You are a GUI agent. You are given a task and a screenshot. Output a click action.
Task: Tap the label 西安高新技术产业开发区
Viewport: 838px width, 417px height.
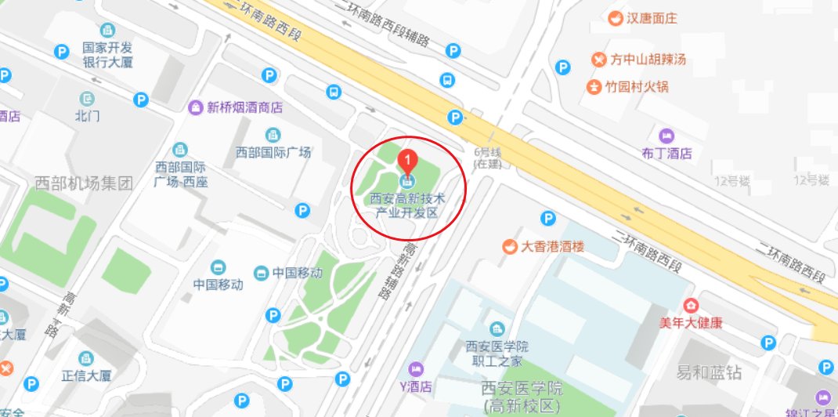(407, 205)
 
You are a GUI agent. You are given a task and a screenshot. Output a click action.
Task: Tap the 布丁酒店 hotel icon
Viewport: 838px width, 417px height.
(666, 135)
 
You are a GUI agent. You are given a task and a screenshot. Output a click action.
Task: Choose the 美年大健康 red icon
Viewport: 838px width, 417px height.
(690, 306)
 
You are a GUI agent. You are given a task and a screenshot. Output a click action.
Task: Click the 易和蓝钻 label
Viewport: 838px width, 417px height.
(710, 371)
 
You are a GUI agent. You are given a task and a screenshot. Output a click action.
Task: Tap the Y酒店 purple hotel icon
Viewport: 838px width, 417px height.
(416, 368)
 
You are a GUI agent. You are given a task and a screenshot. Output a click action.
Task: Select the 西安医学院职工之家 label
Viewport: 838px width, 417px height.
(497, 354)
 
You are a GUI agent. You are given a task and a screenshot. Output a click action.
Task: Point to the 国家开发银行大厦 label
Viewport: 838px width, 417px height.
(110, 55)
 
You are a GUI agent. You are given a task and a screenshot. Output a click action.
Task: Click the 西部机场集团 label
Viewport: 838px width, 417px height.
(84, 183)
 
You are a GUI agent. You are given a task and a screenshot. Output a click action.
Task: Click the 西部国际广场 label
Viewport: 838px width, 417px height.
(273, 152)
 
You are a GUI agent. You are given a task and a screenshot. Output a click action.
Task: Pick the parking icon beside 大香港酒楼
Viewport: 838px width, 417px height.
(549, 218)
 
